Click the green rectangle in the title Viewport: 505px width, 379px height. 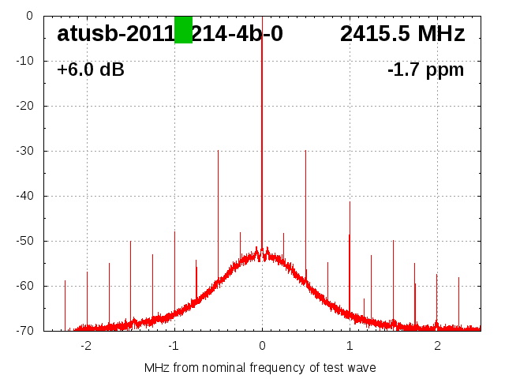pos(183,30)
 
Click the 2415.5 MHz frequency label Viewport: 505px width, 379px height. pos(402,34)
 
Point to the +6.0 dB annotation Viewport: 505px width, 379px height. pos(91,69)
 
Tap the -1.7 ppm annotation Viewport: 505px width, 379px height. pos(425,69)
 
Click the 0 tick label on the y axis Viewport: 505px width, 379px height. pos(28,16)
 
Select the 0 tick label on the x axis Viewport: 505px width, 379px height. pos(262,346)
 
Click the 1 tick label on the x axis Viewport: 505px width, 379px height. pos(350,346)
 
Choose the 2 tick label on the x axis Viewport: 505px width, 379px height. pos(437,346)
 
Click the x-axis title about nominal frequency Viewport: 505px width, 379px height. pos(260,367)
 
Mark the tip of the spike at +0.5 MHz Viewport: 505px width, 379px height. pos(305,151)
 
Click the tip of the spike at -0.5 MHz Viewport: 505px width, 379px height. pos(218,151)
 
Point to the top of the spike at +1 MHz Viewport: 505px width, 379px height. pos(350,202)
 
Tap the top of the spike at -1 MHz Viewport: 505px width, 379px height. pos(174,232)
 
